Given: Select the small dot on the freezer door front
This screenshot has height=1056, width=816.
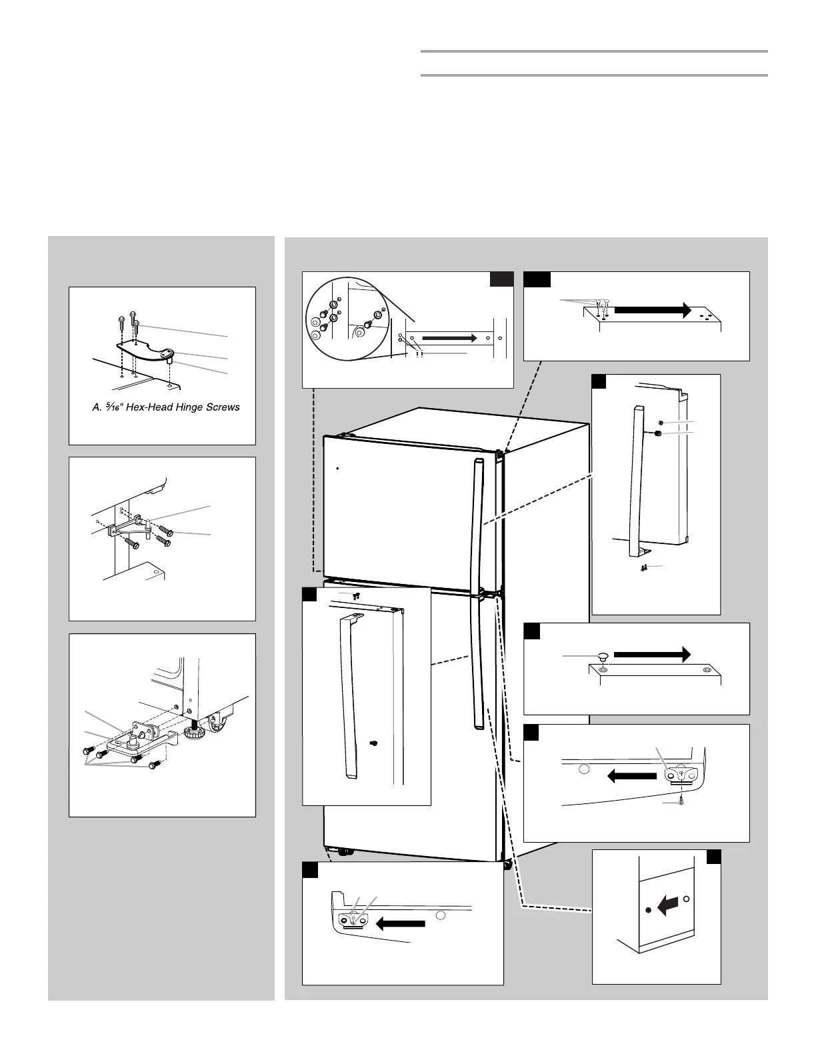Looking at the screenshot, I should click(338, 468).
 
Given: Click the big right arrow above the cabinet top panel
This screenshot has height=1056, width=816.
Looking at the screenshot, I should click(652, 310).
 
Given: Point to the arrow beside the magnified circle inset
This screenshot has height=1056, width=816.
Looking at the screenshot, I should click(449, 338).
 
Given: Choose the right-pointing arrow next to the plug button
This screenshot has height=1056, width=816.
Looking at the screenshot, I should click(651, 655).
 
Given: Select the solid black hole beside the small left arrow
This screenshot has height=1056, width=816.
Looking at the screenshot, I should click(649, 910).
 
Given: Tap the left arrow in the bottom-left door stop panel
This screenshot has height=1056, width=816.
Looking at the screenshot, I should click(400, 923).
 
